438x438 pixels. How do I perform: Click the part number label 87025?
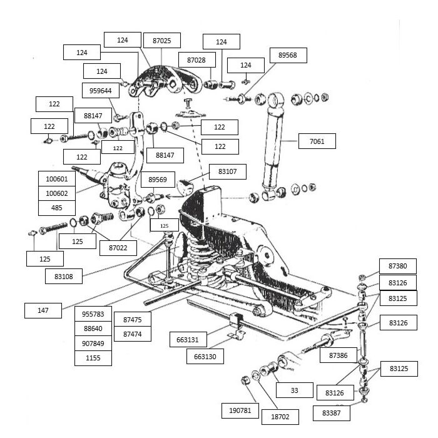point(161,41)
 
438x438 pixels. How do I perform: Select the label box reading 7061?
point(317,141)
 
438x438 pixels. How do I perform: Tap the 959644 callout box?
point(101,91)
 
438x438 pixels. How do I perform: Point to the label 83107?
point(228,171)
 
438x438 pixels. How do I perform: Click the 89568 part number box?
point(288,55)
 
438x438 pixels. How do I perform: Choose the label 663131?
point(188,339)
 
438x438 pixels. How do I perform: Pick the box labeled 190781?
point(240,410)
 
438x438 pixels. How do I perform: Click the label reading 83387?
point(332,413)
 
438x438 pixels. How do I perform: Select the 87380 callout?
point(398,266)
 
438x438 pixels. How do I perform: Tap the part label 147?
point(43,310)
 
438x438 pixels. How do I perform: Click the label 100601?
point(57,178)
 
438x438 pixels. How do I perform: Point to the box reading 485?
point(57,208)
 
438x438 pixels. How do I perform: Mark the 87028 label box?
point(197,60)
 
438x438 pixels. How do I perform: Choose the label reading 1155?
point(93,358)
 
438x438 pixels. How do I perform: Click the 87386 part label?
point(339,355)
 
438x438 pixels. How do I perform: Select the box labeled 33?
point(295,390)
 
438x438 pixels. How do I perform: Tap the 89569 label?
point(158,180)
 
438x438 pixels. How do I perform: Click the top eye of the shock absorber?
point(276,99)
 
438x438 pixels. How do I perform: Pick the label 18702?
point(280,417)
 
